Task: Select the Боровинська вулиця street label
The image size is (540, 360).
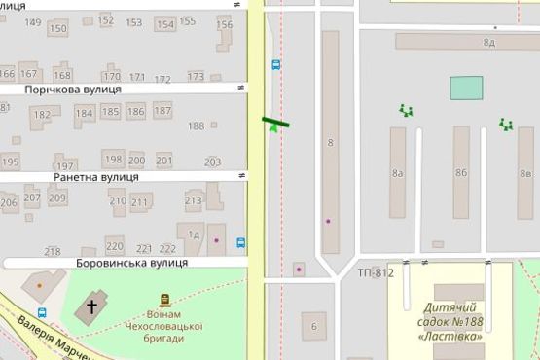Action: coord(131,263)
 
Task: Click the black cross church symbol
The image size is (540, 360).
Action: coord(92,306)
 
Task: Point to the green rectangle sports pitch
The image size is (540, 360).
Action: coord(465,88)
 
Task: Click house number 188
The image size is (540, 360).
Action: coord(196,126)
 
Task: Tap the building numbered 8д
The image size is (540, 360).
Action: coord(488,43)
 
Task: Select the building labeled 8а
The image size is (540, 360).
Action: coord(397,173)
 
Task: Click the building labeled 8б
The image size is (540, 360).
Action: coord(460,173)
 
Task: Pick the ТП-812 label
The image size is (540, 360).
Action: coord(376,272)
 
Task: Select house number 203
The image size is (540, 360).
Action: coord(212,162)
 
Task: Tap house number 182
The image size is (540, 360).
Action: coord(41,115)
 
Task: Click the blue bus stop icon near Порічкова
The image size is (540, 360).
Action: coord(275,65)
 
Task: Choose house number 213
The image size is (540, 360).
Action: coord(193,201)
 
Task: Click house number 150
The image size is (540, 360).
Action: coord(58,28)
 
